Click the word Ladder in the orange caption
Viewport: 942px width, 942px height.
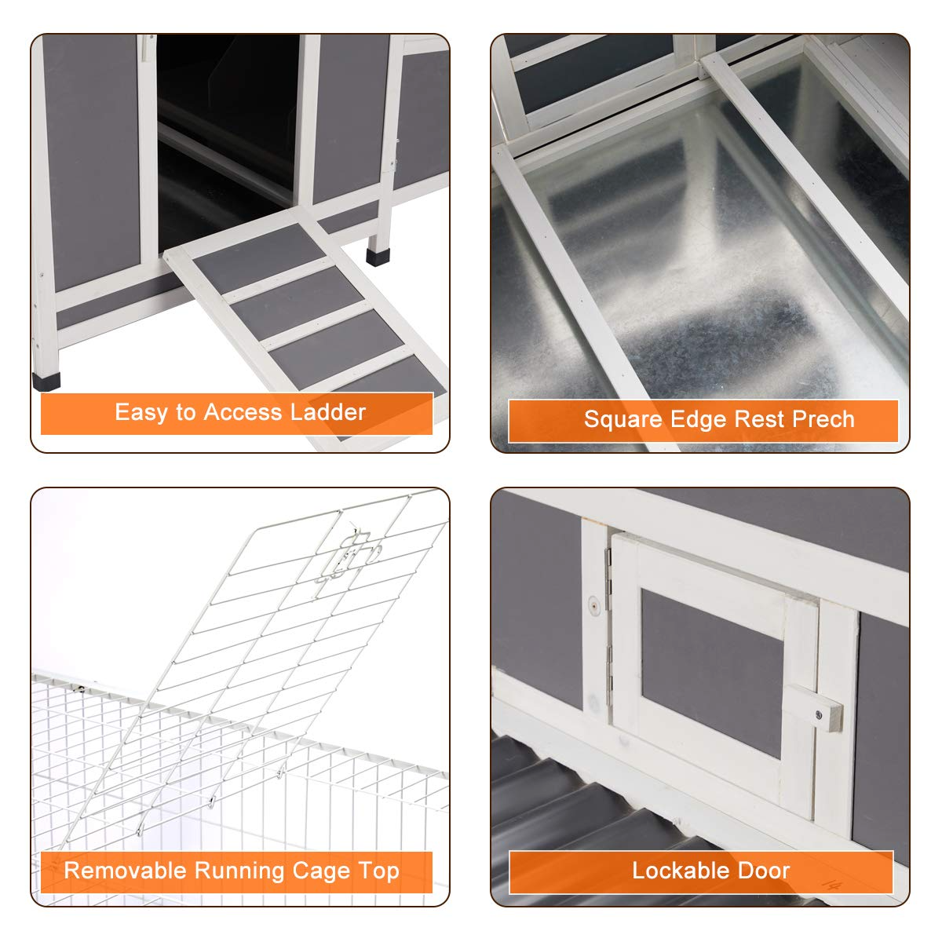click(328, 412)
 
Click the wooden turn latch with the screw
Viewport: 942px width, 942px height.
click(813, 715)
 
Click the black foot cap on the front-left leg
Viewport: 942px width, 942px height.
click(46, 382)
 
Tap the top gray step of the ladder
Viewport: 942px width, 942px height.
click(260, 258)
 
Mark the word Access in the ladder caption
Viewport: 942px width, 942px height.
click(243, 412)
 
